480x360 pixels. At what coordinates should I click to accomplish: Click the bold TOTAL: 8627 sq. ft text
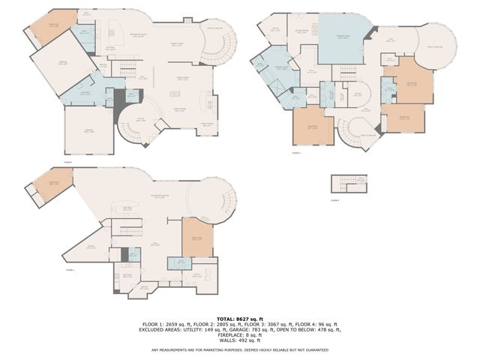(x=239, y=319)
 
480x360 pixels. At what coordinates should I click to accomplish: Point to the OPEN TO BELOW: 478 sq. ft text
(x=314, y=329)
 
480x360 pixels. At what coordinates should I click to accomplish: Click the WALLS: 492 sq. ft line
(x=239, y=340)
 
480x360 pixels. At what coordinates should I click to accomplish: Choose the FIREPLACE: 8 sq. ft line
(x=239, y=334)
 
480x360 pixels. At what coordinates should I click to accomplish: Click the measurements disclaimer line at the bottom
(x=239, y=349)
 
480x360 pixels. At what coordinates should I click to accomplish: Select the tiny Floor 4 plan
(x=349, y=183)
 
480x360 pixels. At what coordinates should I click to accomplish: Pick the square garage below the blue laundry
(x=88, y=130)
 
